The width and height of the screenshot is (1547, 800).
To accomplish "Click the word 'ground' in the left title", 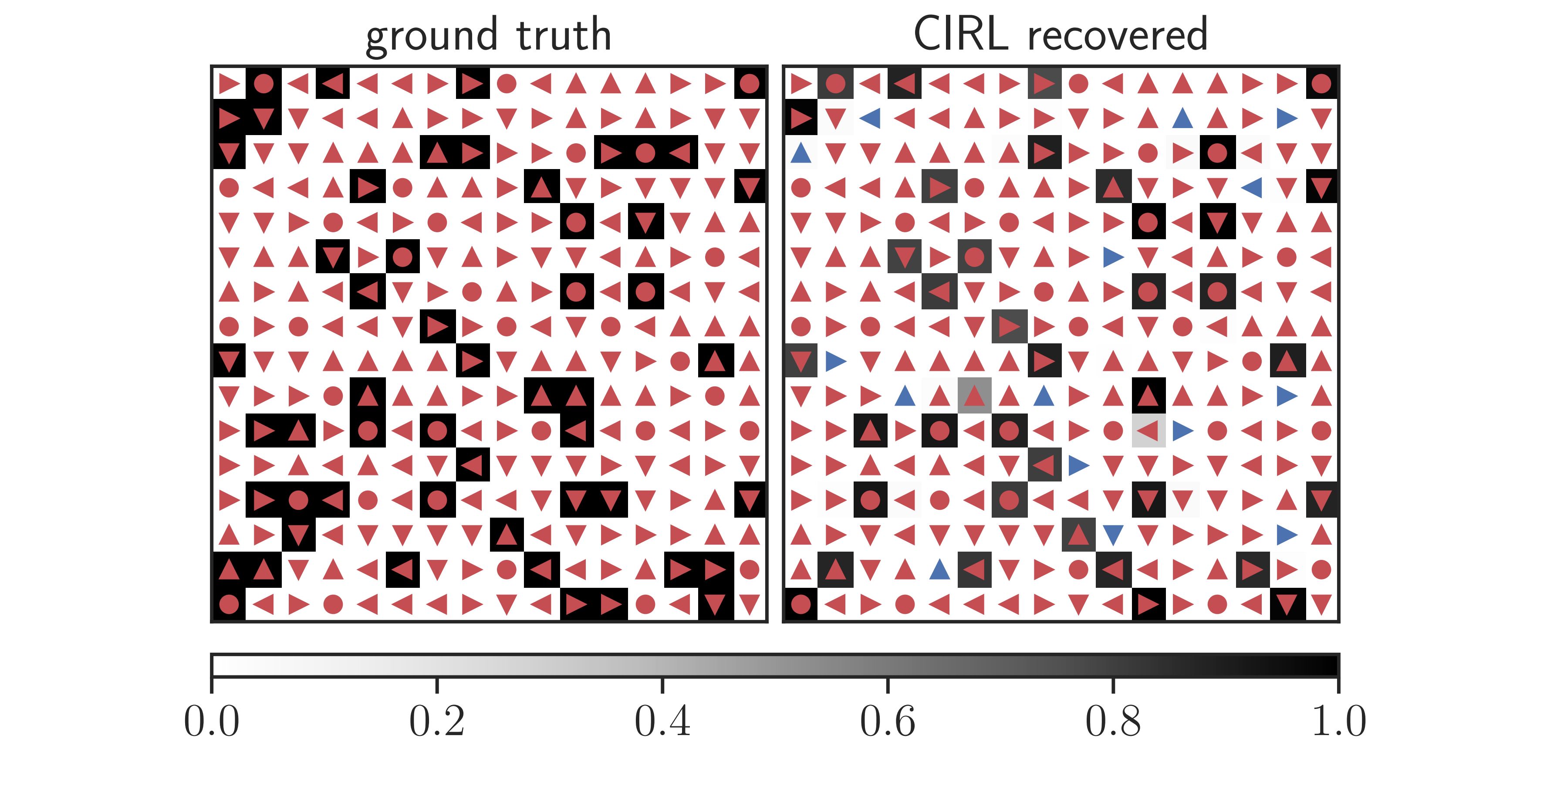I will tap(431, 36).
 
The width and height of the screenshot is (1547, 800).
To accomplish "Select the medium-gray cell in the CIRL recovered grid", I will tap(974, 395).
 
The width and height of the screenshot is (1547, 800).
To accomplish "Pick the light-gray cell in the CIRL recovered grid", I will tap(1148, 430).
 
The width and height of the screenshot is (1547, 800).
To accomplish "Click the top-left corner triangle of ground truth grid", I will tap(229, 84).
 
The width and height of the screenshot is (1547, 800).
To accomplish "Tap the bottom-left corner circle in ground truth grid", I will tap(229, 603).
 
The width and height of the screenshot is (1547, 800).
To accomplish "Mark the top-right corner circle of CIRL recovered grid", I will tap(1321, 84).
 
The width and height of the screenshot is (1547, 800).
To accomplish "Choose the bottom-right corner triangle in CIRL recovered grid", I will tap(1321, 603).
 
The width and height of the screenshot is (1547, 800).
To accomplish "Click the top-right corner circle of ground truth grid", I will tap(750, 84).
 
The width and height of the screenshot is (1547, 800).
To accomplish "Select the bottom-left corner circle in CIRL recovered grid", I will tap(801, 603).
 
